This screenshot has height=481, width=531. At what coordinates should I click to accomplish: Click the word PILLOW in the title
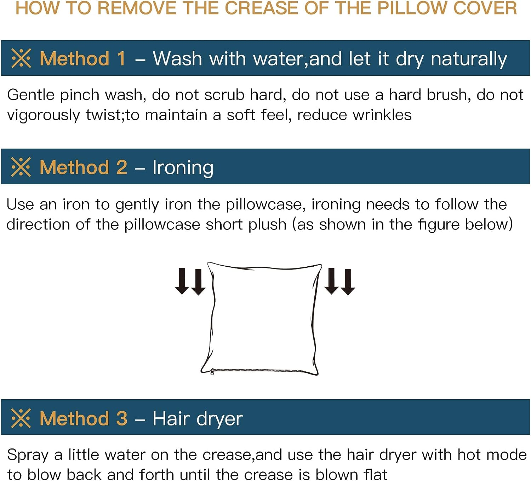(411, 8)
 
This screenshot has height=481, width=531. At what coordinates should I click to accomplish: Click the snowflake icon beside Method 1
(21, 58)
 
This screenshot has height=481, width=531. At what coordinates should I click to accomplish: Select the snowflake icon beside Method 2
(21, 167)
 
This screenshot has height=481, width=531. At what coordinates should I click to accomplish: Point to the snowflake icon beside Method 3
(21, 418)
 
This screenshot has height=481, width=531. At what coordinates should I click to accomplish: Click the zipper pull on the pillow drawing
(212, 372)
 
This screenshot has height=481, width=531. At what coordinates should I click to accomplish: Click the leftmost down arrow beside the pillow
(182, 281)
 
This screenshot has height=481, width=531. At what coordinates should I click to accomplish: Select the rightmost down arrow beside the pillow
(348, 282)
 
